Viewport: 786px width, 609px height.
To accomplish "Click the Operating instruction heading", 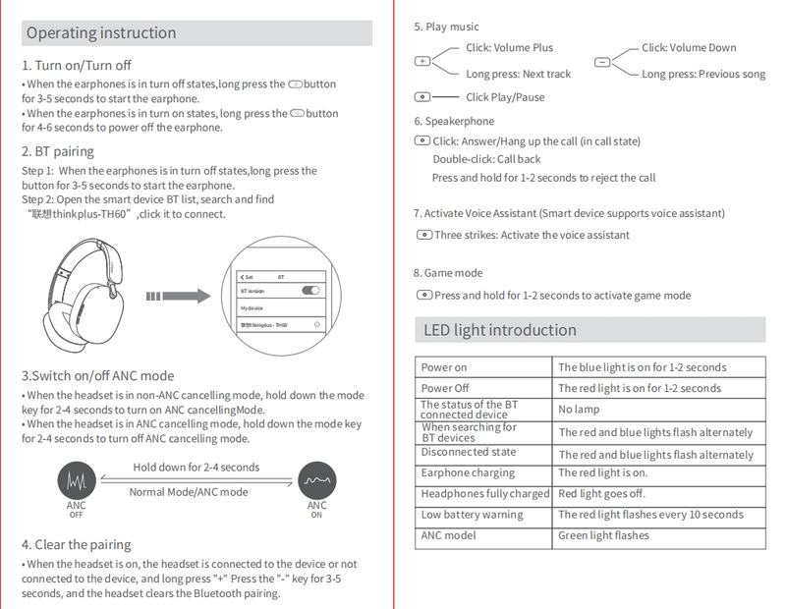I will point(102,33).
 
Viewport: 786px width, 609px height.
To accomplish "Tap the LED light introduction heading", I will point(500,330).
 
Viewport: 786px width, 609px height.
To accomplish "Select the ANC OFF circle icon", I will point(76,480).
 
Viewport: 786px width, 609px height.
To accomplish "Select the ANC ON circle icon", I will point(316,480).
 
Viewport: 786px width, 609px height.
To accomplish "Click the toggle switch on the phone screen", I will point(311,291).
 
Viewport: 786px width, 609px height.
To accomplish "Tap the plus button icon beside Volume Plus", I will point(422,61).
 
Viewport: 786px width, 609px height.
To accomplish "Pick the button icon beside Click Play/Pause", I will point(422,97).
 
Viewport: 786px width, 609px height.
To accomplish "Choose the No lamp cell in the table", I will point(579,409).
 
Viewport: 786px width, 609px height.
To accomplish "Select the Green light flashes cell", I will point(603,535).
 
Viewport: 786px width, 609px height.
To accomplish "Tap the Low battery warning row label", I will point(473,515).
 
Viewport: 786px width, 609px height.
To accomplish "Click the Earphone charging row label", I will point(468,473).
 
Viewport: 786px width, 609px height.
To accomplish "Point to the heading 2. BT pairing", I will point(58,151).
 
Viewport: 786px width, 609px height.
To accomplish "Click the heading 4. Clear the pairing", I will point(76,544).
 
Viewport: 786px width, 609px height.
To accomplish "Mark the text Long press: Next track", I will point(518,74).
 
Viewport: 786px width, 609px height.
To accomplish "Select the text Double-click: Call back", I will point(486,159).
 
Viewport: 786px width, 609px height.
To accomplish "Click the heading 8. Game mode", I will point(448,273).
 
